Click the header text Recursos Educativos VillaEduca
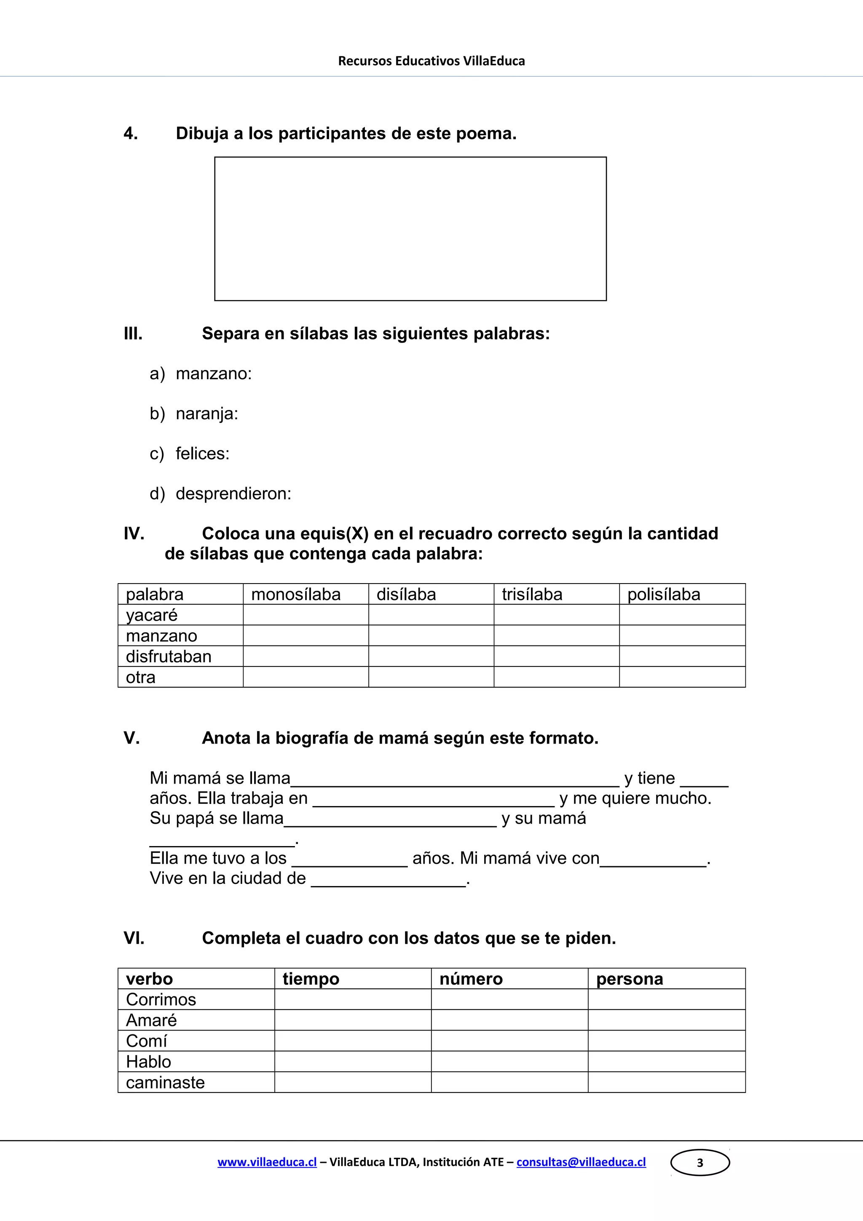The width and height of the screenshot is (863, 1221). point(431,61)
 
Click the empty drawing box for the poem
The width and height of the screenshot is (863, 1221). point(410,229)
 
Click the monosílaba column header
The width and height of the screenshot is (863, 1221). point(296,594)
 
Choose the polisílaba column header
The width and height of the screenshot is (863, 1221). point(664,594)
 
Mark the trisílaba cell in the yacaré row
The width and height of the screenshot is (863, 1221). point(556,615)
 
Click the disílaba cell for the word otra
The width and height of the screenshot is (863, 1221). point(431,677)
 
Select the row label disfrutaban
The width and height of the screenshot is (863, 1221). point(169,657)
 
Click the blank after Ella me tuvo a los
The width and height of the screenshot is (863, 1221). point(349,860)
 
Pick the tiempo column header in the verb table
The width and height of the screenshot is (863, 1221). point(311,979)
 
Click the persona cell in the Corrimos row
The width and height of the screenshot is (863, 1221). point(666,999)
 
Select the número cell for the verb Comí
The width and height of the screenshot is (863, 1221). point(509,1041)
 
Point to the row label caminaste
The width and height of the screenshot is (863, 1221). point(165,1082)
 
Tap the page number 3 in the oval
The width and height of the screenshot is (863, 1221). point(700,1162)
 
